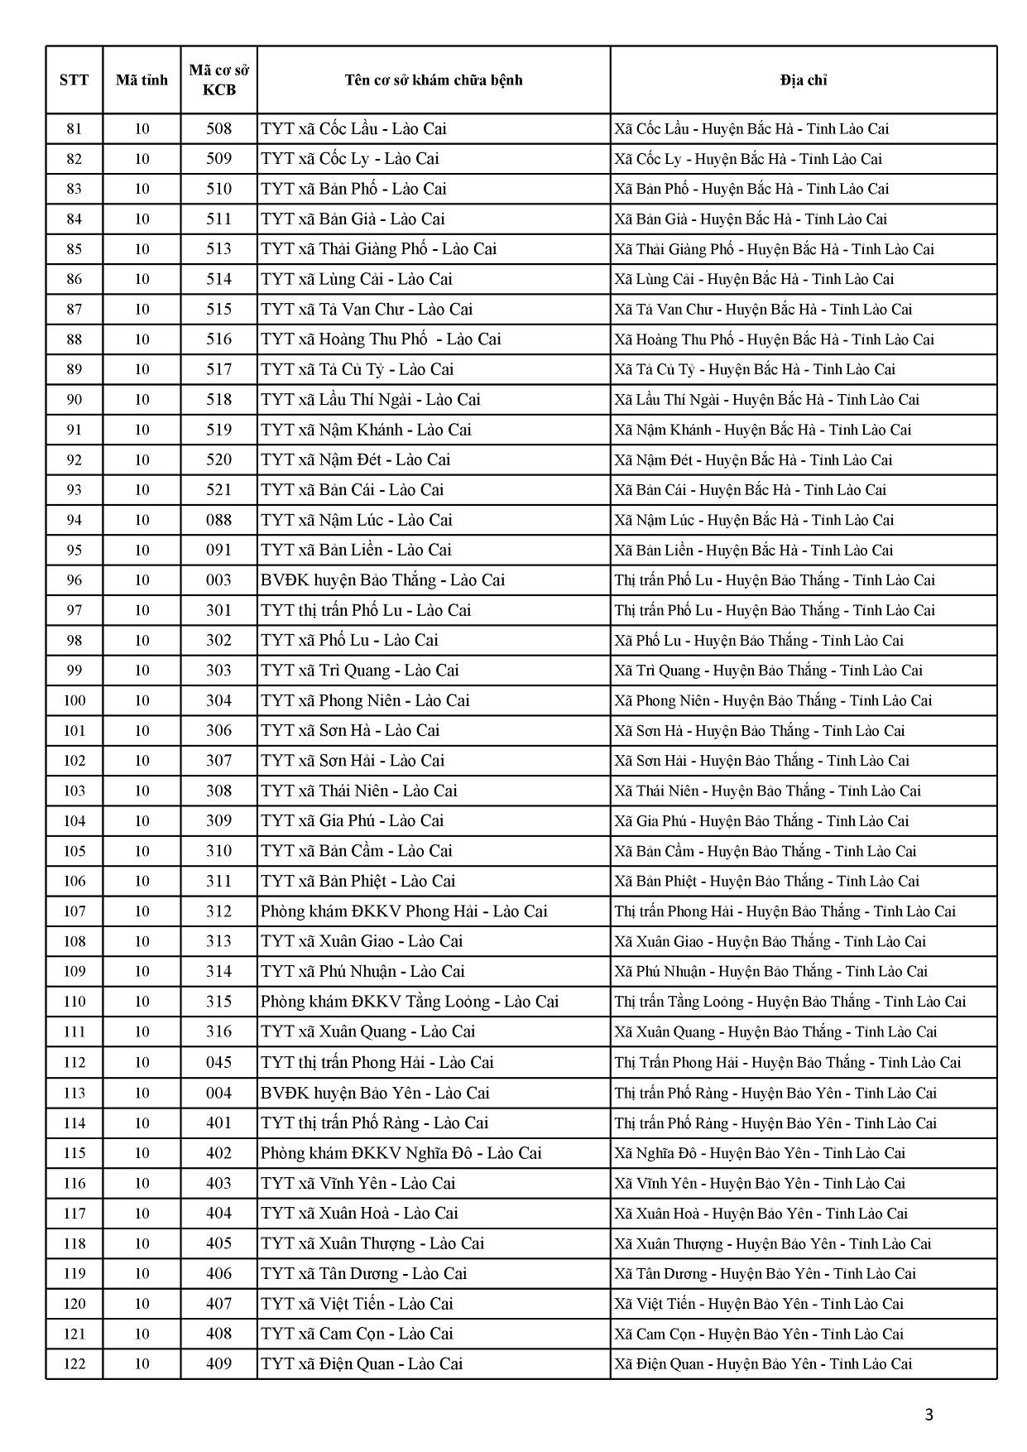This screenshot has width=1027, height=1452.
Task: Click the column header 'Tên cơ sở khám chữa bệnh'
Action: click(434, 80)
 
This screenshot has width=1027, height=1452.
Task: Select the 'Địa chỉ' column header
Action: click(803, 80)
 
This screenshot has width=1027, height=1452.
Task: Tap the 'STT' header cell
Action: click(74, 80)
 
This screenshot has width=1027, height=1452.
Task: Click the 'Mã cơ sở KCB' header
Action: click(218, 80)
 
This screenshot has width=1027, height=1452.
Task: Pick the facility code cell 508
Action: click(218, 129)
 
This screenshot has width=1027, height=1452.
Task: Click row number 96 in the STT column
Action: click(74, 580)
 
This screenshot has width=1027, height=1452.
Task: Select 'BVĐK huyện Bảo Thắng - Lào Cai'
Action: click(382, 580)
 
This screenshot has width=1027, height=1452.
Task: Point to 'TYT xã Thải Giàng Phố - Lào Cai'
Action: click(378, 249)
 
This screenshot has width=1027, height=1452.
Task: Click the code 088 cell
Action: click(218, 520)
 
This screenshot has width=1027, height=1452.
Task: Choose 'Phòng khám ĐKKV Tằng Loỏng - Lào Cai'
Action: click(410, 1002)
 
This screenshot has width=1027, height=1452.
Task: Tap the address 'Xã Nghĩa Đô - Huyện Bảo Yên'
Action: click(760, 1153)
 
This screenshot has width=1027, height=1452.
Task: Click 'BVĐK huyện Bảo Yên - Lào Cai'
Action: click(375, 1093)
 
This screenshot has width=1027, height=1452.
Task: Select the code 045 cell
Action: click(218, 1062)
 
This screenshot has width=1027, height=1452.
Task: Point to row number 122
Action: click(74, 1363)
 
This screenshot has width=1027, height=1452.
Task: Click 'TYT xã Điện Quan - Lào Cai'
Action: click(362, 1363)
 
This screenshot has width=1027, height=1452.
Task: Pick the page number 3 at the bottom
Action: click(929, 1415)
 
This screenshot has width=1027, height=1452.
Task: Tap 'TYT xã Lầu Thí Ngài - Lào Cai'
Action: click(370, 400)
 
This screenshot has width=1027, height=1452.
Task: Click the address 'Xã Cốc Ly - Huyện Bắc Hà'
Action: click(748, 159)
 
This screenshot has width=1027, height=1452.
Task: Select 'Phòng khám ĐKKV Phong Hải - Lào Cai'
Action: click(404, 911)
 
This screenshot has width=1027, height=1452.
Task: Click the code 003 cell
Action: click(218, 580)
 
